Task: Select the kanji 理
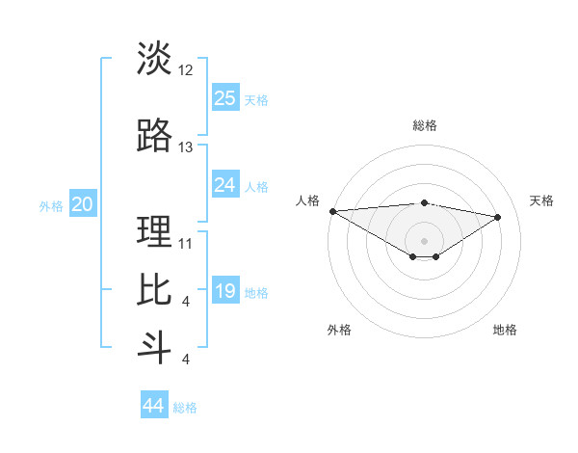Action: click(154, 231)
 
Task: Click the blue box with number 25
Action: click(225, 97)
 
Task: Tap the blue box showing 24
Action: click(225, 185)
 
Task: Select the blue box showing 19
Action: click(225, 291)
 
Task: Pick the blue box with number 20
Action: click(83, 204)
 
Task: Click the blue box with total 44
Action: click(154, 406)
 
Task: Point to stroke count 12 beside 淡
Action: click(186, 70)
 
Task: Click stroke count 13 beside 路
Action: click(186, 147)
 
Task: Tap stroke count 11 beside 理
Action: click(186, 243)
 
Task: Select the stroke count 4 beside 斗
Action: click(185, 360)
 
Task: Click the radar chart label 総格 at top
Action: click(424, 125)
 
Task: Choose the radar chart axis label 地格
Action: click(505, 330)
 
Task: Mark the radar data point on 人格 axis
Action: click(332, 211)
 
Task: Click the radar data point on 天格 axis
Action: click(498, 217)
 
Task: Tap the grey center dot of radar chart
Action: click(424, 239)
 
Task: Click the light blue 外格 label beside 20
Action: click(51, 205)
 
